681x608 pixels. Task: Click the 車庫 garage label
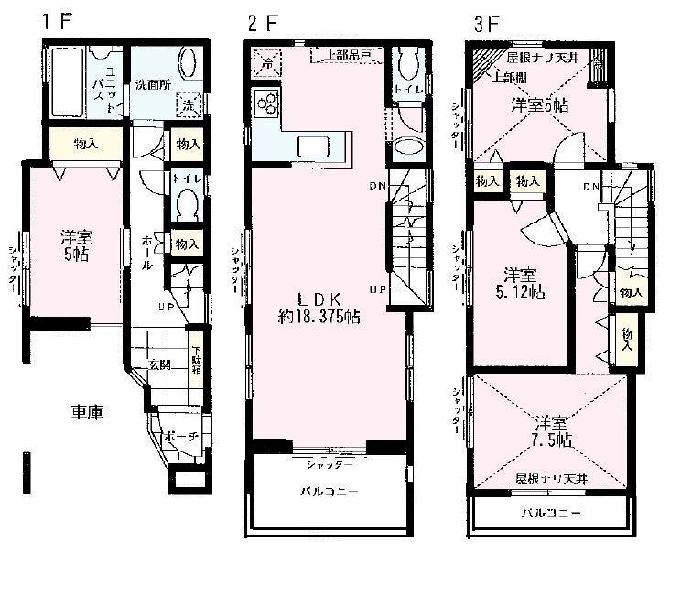coord(88,412)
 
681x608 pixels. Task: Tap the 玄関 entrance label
coord(160,364)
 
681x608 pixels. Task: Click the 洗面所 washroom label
coord(153,84)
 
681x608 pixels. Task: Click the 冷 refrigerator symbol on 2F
coord(264,63)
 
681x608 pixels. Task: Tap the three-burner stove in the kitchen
coord(266,103)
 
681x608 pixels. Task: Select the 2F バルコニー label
coord(329,492)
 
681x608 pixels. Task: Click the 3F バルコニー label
coord(550,513)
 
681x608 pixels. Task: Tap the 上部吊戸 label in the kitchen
coord(341,56)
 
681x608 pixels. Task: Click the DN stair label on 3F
coord(590,187)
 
